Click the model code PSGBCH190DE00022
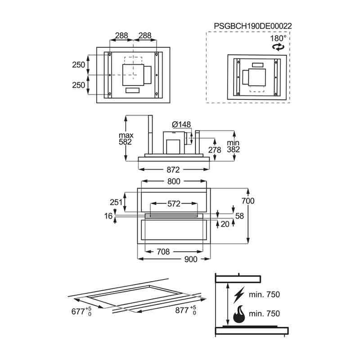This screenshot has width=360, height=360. (253, 26)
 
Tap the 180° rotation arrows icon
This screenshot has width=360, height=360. (278, 47)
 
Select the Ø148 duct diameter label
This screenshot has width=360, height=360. (181, 125)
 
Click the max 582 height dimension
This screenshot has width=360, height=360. (126, 139)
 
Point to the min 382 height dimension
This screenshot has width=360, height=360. (234, 146)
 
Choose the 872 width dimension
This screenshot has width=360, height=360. (173, 170)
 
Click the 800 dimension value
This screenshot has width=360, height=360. (174, 181)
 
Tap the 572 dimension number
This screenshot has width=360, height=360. (174, 204)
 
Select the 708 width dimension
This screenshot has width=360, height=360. (163, 252)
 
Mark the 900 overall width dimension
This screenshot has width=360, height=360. (191, 259)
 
